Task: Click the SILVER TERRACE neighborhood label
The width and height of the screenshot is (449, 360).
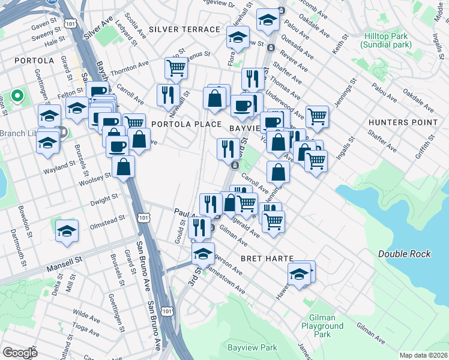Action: point(184,29)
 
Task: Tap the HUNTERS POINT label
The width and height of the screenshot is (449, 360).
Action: point(403,122)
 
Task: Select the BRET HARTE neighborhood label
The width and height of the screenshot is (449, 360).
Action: point(267,258)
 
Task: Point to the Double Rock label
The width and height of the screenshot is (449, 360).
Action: point(404,254)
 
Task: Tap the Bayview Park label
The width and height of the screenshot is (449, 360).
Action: point(252,347)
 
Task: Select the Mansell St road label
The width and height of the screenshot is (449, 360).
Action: point(64,263)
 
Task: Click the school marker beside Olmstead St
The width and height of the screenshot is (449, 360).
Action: point(67,230)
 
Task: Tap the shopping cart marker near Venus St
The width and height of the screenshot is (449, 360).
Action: point(176,68)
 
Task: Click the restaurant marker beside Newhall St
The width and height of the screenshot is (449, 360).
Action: point(167,94)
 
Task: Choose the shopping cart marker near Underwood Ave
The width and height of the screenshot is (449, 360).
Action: point(317,116)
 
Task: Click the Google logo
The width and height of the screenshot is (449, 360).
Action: point(20,353)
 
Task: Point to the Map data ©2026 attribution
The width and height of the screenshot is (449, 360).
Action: point(423,355)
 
